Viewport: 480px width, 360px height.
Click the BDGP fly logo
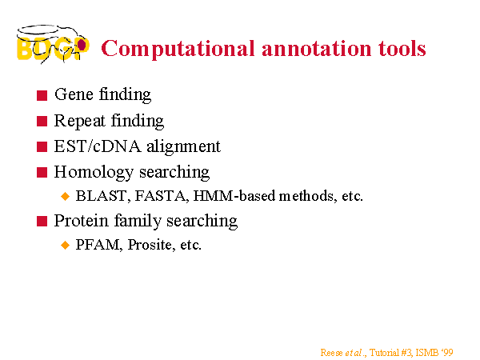(x=53, y=44)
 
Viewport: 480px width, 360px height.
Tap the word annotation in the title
(x=316, y=49)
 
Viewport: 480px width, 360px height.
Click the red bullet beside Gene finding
(x=42, y=95)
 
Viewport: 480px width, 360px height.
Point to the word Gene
(x=74, y=94)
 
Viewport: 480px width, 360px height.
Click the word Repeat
(x=79, y=121)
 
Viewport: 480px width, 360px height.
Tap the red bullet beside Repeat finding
(x=42, y=122)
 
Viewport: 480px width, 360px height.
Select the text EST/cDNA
(x=98, y=146)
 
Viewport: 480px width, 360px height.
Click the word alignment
(x=183, y=147)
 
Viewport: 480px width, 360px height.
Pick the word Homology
(x=94, y=173)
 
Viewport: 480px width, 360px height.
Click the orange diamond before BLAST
(x=66, y=196)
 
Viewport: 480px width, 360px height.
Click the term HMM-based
(x=234, y=196)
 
